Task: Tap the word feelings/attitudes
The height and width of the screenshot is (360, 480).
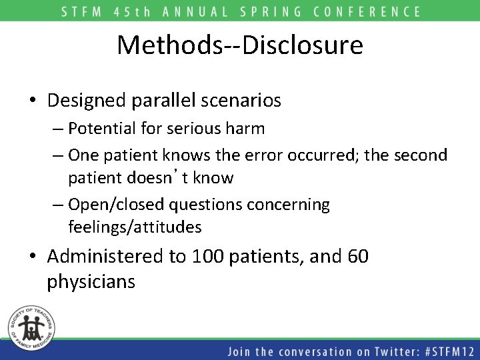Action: (135, 227)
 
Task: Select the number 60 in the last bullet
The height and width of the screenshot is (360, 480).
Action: (357, 257)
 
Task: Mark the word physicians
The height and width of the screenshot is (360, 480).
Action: (91, 282)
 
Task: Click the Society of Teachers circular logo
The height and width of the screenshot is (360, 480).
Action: (29, 325)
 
